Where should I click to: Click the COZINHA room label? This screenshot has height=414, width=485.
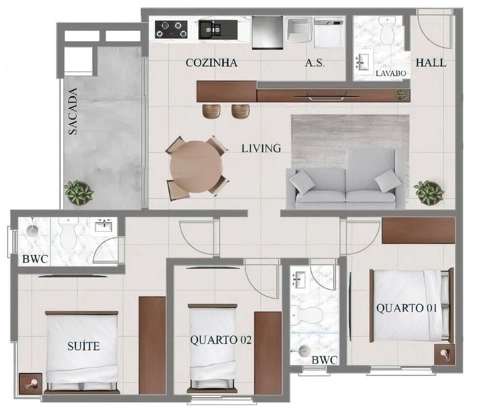coord(211,63)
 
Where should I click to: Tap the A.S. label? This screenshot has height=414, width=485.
coord(315,63)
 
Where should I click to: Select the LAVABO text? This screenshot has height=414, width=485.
coord(390,74)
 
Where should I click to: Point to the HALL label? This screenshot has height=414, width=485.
coord(431,63)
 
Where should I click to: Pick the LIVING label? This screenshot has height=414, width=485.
coord(261,148)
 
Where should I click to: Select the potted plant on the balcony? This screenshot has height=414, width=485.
coord(79,192)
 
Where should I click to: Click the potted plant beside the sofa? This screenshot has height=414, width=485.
coord(429,192)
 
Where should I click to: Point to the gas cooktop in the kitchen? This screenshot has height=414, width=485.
coord(172,29)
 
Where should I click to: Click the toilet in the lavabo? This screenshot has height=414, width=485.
coord(388,31)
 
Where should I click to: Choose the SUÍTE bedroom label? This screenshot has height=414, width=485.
coord(83,346)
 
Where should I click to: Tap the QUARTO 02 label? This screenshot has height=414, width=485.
coord(221,340)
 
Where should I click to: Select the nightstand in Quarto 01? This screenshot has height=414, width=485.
coord(444,354)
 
